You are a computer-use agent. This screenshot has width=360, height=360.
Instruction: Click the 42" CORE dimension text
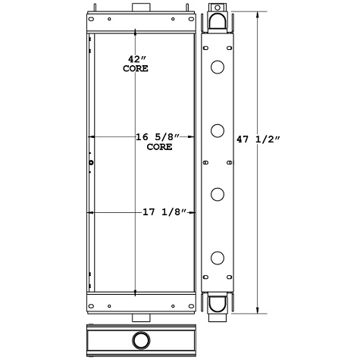136,63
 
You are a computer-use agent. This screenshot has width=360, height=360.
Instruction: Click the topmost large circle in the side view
218,69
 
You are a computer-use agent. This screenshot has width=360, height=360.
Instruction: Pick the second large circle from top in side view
218,131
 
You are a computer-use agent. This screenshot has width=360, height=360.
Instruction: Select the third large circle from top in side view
218,194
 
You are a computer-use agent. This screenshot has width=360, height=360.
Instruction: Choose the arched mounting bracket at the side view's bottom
218,304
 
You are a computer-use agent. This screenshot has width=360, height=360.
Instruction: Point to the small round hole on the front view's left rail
91,162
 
